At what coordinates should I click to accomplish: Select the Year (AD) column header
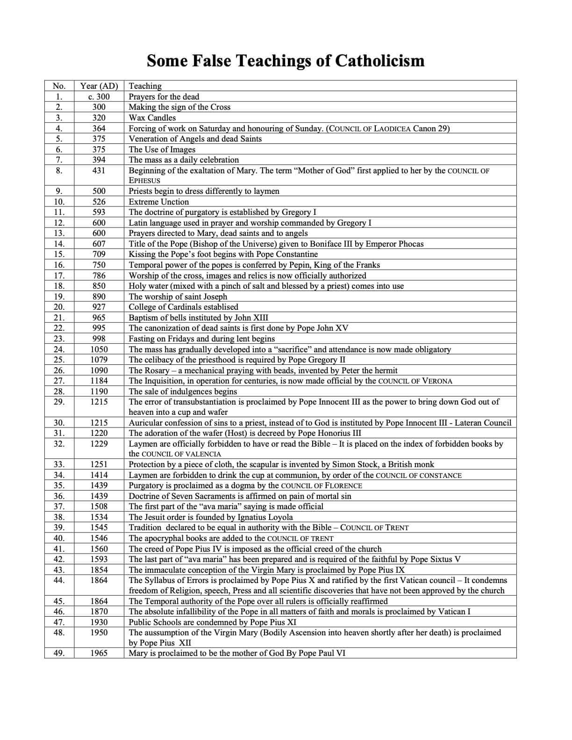pos(99,86)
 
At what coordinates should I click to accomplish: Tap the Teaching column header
pos(145,86)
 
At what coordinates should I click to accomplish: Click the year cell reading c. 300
pos(99,97)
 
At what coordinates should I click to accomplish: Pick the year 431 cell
pos(99,171)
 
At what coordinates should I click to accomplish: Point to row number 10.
pos(59,202)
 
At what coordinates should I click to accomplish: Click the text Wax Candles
pos(152,118)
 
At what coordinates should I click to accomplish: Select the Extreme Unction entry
pos(159,202)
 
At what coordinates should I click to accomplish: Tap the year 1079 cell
pos(99,360)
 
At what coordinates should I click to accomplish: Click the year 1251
pos(99,464)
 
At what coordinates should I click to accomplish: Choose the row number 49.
pos(59,653)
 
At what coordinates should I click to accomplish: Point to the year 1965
pos(99,653)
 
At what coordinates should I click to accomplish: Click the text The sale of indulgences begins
pos(183,391)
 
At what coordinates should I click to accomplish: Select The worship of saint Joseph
pos(178,297)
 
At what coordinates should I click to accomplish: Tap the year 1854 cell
pos(99,570)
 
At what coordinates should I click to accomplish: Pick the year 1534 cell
pos(99,517)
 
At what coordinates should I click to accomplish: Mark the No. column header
pos(59,86)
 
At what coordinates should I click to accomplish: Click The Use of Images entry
pos(162,149)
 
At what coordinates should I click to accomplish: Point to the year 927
pos(99,307)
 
